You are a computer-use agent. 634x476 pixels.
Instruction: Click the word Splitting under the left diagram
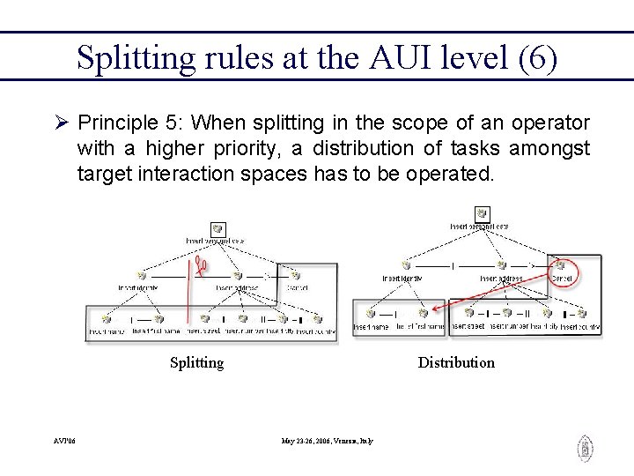[196, 362]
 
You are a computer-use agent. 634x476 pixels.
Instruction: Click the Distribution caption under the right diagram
[456, 362]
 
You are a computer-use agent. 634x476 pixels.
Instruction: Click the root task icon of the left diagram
[217, 229]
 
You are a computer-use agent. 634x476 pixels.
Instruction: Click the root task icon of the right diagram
[481, 213]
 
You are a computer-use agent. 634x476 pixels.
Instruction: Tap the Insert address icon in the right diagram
[500, 264]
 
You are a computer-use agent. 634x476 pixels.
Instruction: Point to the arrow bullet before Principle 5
[60, 123]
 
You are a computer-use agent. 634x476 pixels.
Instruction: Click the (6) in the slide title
[537, 58]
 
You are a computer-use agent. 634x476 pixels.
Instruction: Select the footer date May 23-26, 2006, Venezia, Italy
[328, 440]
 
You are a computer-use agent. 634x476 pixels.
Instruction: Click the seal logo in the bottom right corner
[585, 448]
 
